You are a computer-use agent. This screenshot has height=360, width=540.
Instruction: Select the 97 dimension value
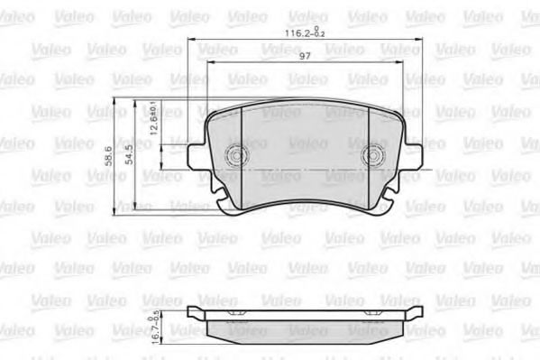click(x=306, y=57)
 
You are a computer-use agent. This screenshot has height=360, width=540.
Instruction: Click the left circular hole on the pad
click(x=237, y=155)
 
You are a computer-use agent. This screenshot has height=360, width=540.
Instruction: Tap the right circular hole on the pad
click(x=373, y=156)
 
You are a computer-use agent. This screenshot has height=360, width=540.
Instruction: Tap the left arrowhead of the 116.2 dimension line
click(x=192, y=42)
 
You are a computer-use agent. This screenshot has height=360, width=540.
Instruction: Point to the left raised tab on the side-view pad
click(x=194, y=312)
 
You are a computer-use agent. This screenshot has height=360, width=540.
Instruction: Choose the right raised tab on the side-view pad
click(x=416, y=312)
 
